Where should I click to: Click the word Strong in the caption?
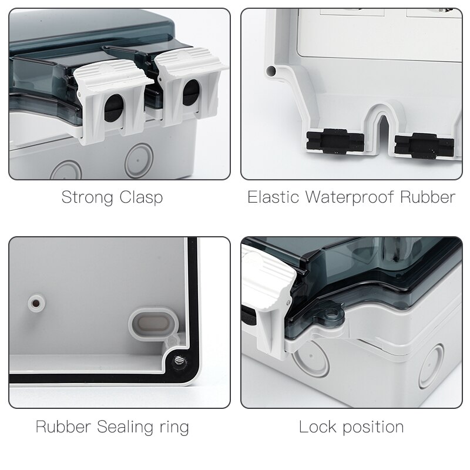pyautogui.click(x=88, y=197)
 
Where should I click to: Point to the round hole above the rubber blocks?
pyautogui.click(x=271, y=72)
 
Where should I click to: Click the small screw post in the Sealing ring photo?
pyautogui.click(x=36, y=303)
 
